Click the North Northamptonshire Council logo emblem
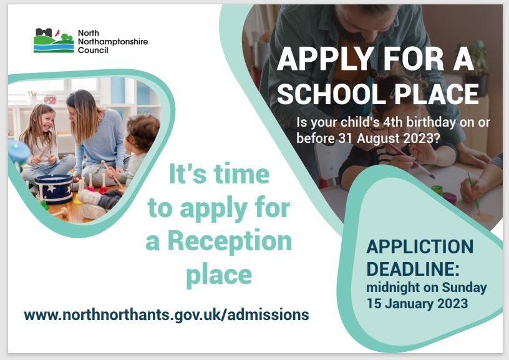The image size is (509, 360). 54,41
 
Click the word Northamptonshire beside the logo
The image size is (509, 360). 113,42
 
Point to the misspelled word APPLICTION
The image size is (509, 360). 420,247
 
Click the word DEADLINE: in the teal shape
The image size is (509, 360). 413,269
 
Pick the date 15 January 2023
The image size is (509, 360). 417,303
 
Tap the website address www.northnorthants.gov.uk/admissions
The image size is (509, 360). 166,315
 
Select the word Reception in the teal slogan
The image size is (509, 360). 230,241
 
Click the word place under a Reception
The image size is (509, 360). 219,276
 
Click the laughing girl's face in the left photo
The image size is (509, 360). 46,121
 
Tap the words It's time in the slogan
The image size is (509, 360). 219,174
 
